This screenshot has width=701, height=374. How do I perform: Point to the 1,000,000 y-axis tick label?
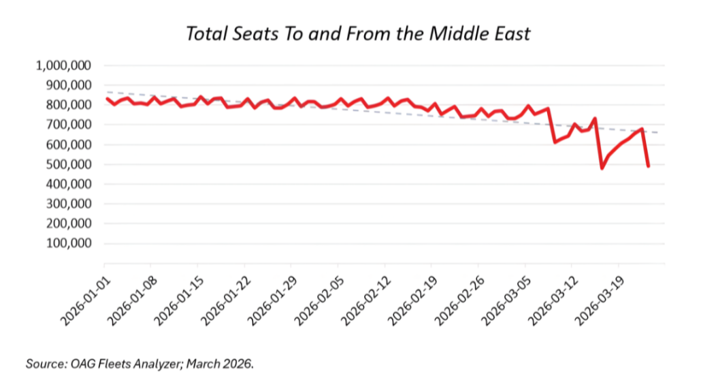coord(65,65)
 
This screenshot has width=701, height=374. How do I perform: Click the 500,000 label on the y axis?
coord(71,164)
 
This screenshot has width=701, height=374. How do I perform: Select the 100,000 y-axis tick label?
coord(71,243)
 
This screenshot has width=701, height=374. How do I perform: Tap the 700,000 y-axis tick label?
coord(71,125)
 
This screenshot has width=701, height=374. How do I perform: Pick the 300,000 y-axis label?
coord(71,204)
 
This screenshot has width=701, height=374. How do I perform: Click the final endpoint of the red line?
coord(649,166)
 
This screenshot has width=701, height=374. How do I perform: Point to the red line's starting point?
coord(105,98)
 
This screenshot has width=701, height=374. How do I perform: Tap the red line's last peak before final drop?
coord(642,129)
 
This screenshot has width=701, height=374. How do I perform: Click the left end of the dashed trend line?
coord(105,91)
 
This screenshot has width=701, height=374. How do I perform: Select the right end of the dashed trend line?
coord(657,132)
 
